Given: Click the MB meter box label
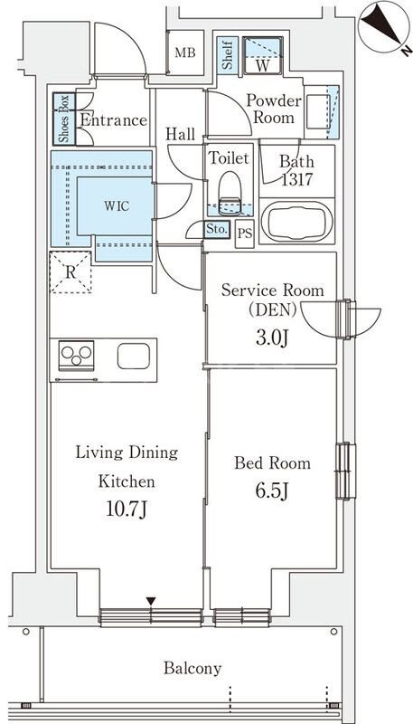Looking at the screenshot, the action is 185,52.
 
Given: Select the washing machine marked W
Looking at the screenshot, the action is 262,55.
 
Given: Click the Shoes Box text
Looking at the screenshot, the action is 63,119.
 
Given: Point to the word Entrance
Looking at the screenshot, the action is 113,120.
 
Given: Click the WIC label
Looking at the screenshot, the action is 117,206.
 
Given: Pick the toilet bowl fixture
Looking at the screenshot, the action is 230,193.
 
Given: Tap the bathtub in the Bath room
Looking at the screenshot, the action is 296,222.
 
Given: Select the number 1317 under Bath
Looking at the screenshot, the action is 297,179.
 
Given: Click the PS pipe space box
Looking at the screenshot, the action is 245,233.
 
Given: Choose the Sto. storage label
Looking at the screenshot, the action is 216,229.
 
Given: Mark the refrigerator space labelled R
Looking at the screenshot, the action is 70,272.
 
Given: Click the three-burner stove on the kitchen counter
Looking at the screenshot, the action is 77,356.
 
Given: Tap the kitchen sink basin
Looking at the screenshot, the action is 134,356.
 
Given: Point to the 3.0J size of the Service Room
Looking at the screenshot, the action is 272,338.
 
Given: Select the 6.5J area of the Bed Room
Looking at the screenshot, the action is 272,491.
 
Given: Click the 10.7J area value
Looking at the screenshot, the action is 127,510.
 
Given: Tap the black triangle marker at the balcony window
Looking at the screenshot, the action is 151,601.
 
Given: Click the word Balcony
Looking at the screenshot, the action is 192,668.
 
